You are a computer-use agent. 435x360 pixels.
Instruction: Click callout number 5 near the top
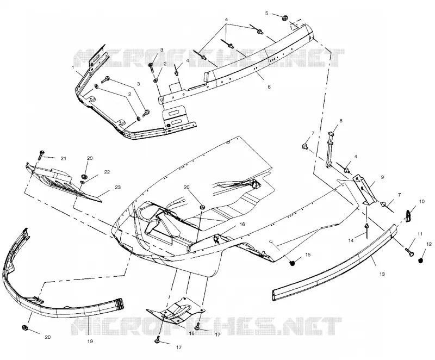tap(267, 13)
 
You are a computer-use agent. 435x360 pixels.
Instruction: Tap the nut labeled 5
tap(284, 18)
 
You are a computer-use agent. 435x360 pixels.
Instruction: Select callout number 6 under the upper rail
tap(269, 87)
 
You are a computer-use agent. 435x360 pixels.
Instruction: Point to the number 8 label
tap(341, 121)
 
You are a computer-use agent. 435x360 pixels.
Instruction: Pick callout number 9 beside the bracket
tap(382, 177)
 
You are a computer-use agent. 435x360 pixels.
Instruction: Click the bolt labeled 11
tap(409, 252)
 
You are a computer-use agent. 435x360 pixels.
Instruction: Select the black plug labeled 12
tap(420, 260)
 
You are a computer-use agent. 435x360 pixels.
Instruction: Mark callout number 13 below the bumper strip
tap(382, 274)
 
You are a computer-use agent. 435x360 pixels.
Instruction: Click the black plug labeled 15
tap(292, 263)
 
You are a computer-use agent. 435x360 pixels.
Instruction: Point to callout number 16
tap(242, 224)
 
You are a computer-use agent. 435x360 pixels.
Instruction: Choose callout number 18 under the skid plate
tap(191, 333)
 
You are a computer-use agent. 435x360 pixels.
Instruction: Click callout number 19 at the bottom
tap(90, 342)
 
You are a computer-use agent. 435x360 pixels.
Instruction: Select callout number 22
tap(107, 172)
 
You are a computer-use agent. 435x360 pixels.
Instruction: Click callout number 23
tap(117, 187)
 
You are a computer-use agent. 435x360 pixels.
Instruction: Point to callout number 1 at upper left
tap(73, 67)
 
